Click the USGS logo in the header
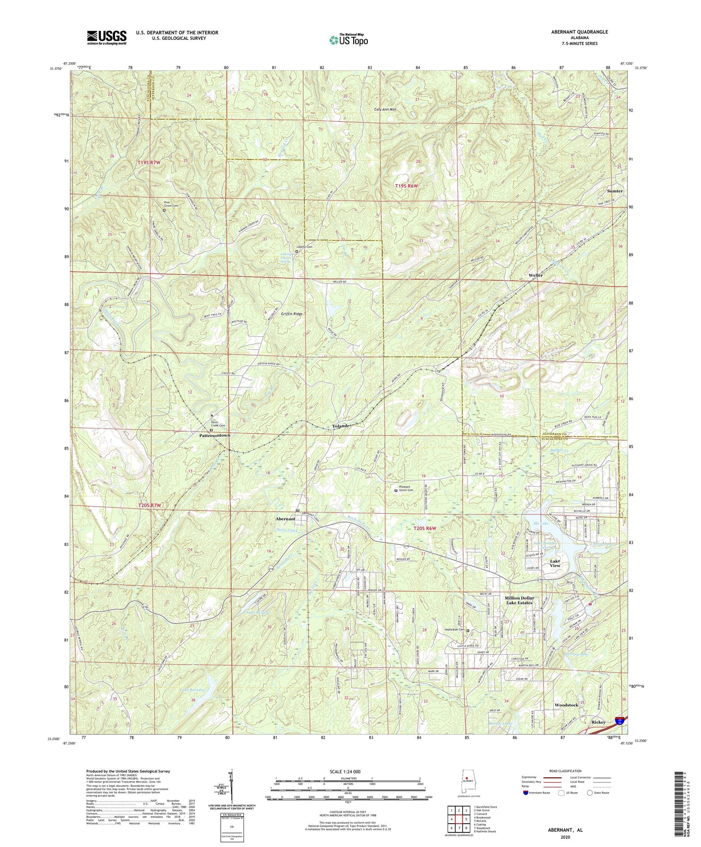click(107, 37)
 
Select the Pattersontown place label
click(214, 436)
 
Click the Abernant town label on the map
click(285, 519)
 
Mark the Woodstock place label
click(566, 704)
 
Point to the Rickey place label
click(598, 722)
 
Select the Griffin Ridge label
click(291, 314)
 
